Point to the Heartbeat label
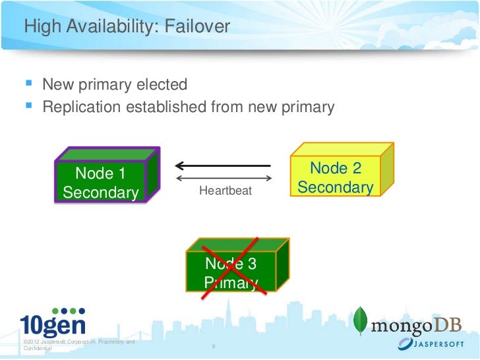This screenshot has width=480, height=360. click(x=225, y=191)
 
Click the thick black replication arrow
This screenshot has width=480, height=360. click(x=224, y=165)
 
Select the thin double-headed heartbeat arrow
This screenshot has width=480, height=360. click(x=225, y=178)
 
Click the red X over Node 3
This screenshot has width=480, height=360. click(x=231, y=267)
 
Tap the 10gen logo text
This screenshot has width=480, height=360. click(x=53, y=326)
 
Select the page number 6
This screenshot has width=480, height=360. click(x=213, y=346)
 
